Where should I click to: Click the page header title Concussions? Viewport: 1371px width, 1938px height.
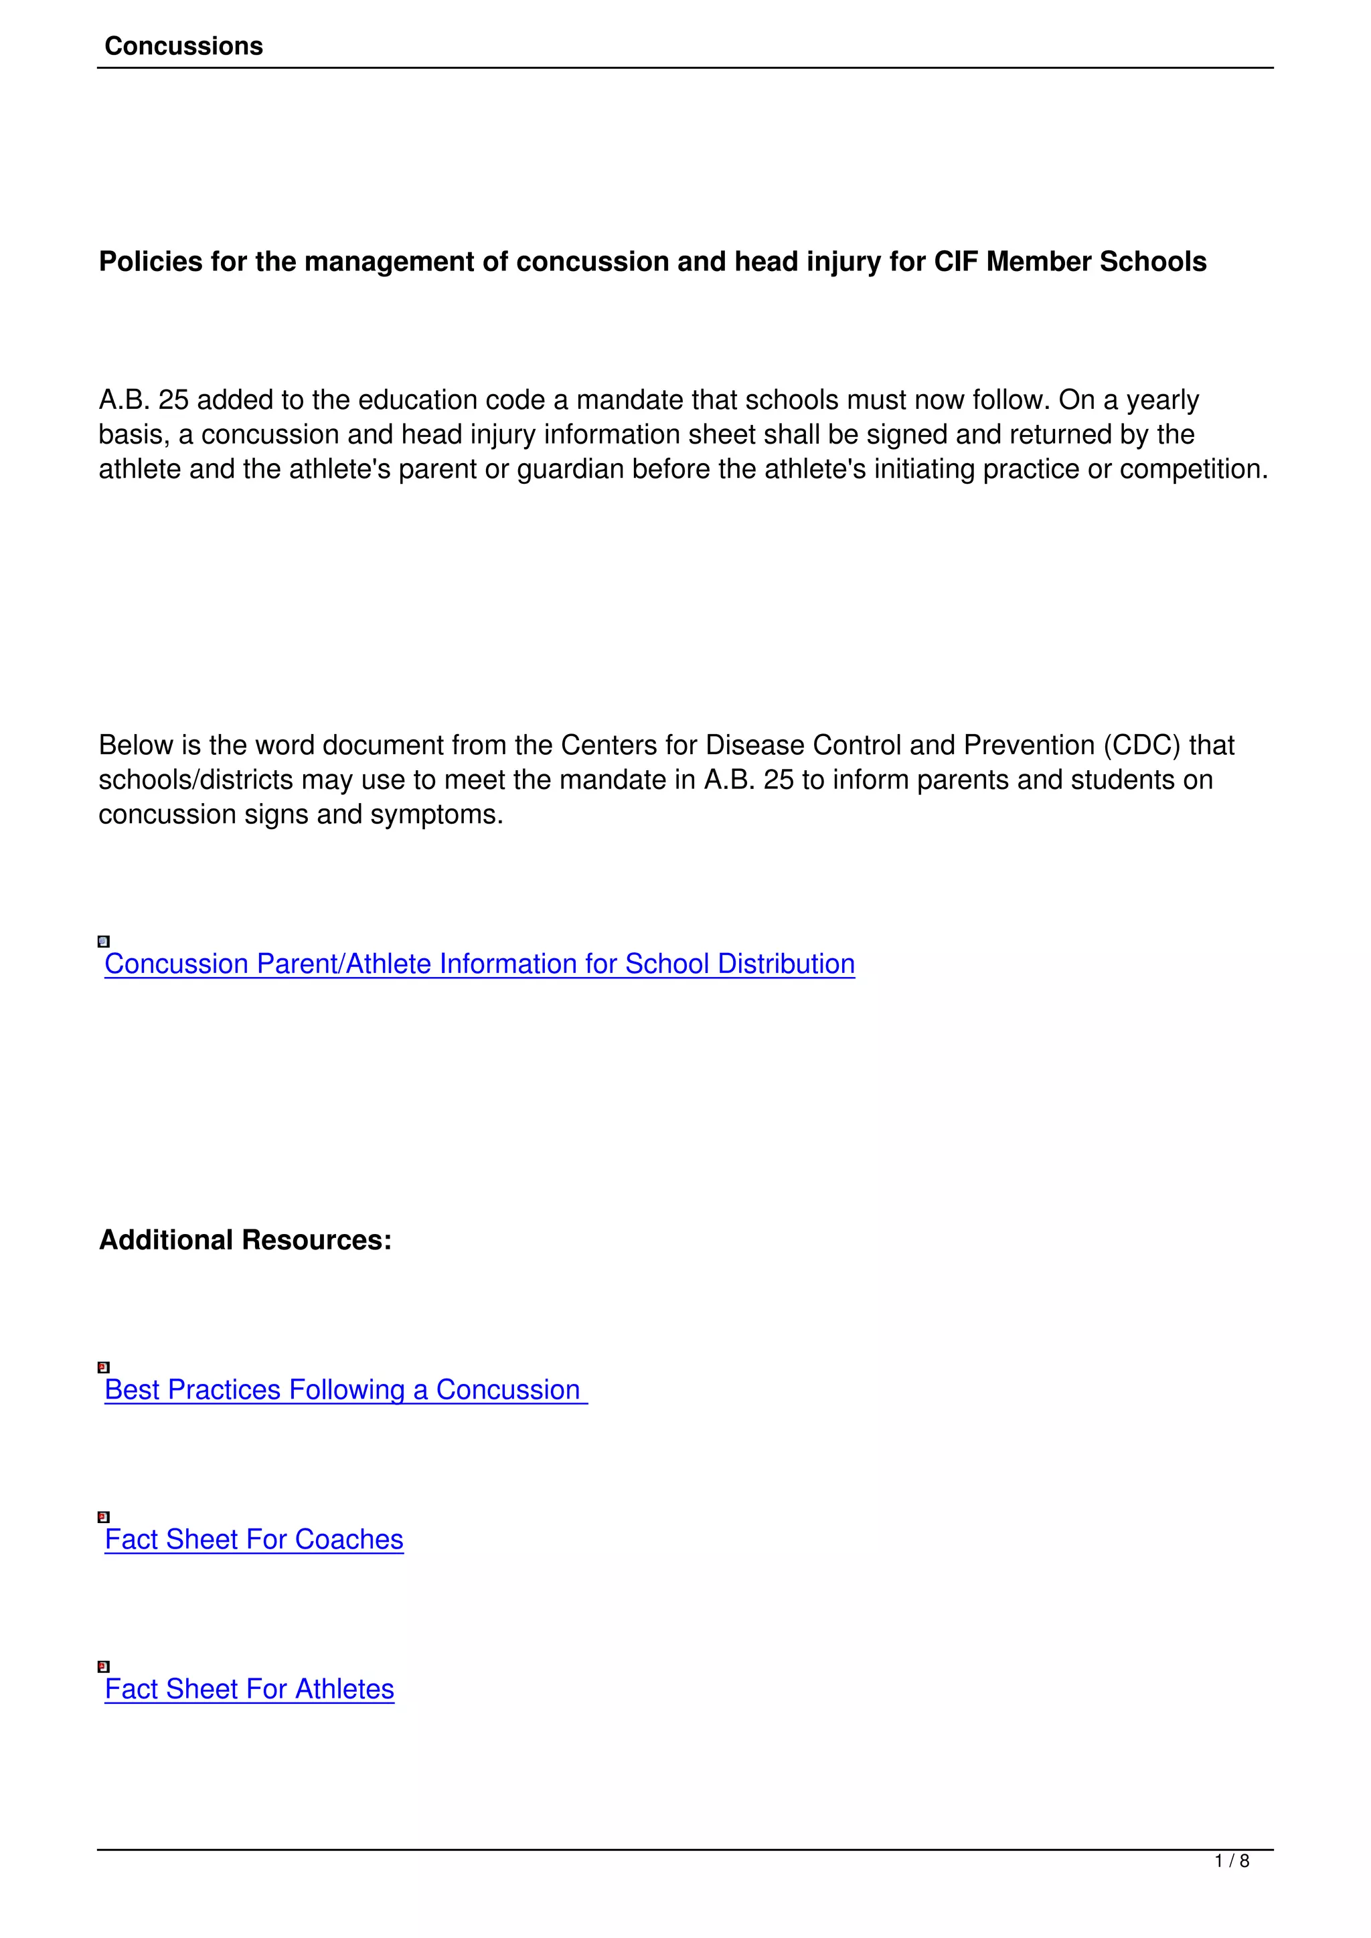(183, 46)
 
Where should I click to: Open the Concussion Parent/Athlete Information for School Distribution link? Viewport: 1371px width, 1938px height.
(479, 964)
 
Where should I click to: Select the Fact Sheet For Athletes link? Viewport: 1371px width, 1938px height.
(250, 1689)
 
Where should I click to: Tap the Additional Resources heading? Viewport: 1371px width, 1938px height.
(245, 1240)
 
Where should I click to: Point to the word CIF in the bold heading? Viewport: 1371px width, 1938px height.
(956, 262)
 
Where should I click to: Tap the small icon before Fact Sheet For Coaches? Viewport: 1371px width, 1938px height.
(104, 1517)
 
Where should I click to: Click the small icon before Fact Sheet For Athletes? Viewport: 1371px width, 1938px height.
(104, 1666)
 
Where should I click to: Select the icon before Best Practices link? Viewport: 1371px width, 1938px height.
(104, 1367)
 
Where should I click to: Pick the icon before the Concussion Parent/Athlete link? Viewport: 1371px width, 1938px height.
(104, 941)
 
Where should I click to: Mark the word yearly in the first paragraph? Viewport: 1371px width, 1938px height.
(1163, 400)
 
